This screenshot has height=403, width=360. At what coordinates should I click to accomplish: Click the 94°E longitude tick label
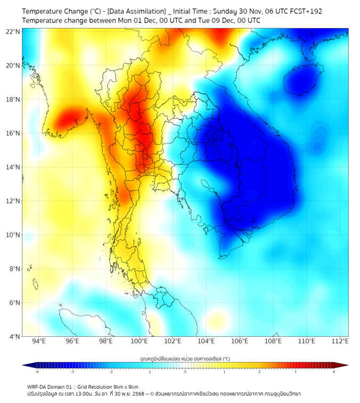click(x=39, y=342)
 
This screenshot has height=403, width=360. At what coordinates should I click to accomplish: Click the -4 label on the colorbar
click(x=36, y=372)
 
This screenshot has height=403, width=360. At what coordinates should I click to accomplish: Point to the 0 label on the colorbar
click(x=185, y=372)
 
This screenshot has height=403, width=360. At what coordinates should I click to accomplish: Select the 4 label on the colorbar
click(x=334, y=372)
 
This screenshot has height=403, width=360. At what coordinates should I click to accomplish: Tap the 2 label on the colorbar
click(x=260, y=372)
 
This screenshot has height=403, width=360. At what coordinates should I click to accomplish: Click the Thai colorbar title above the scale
click(x=185, y=359)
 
